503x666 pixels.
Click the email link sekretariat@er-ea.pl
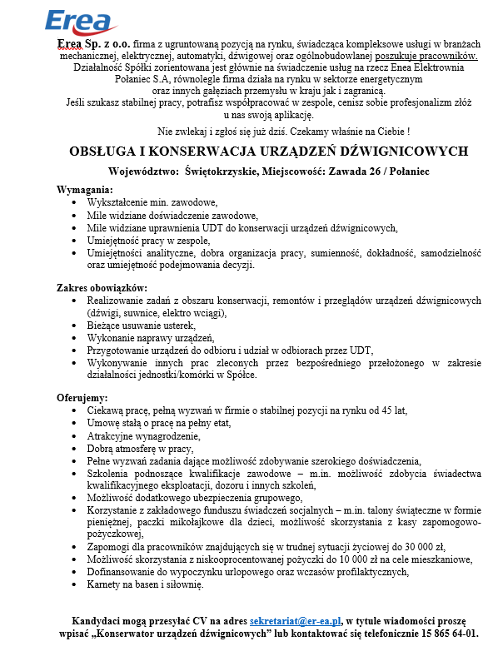tap(296, 620)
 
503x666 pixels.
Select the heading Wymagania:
tap(84, 190)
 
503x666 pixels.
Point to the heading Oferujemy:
tap(82, 396)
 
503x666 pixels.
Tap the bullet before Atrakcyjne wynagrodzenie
tap(77, 435)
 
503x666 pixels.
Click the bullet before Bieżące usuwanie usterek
tap(77, 326)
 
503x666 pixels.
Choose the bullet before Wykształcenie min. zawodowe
tap(77, 202)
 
